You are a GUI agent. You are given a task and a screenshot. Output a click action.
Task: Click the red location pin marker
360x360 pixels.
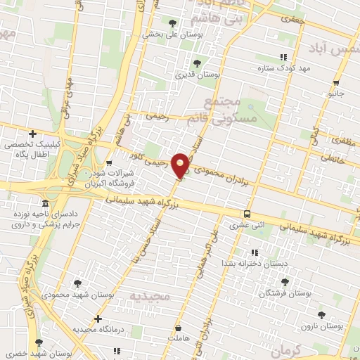pos(181,165)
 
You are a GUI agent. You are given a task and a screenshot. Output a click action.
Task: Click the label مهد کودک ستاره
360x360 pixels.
pos(303,67)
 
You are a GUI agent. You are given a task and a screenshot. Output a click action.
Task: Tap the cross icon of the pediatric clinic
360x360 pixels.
pos(32,134)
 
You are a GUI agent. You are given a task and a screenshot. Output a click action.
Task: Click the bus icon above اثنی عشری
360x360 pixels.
pos(246,214)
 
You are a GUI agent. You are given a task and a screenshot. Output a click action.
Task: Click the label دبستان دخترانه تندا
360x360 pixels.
pos(255,262)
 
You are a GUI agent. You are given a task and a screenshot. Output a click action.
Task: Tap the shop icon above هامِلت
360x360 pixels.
pos(179,328)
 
